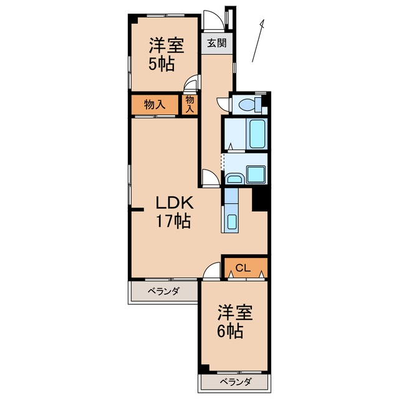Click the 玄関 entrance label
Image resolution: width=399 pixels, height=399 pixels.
click(x=217, y=44)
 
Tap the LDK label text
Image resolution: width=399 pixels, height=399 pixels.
click(x=174, y=203)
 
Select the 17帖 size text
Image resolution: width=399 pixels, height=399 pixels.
click(x=174, y=221)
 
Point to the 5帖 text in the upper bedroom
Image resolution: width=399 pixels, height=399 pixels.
click(x=160, y=64)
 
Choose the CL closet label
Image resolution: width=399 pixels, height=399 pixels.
click(x=243, y=269)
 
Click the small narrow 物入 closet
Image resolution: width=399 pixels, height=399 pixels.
click(x=190, y=104)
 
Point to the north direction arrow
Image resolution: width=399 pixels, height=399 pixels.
click(x=258, y=41)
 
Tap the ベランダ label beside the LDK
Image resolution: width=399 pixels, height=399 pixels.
click(x=163, y=291)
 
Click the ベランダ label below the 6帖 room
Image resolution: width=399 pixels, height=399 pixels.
click(x=235, y=382)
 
